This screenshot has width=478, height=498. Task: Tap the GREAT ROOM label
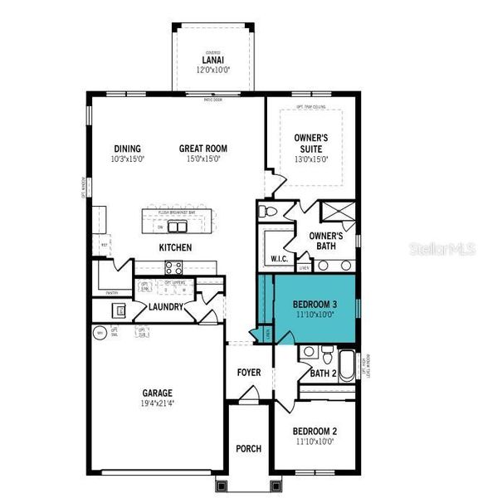tap(202, 149)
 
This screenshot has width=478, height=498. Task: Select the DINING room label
tap(127, 149)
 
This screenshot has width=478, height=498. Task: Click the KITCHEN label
tap(176, 247)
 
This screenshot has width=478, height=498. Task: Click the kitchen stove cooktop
tap(174, 267)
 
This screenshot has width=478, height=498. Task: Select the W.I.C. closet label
tap(279, 258)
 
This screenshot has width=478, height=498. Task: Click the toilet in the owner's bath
tap(265, 212)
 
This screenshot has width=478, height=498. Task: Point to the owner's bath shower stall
tap(339, 212)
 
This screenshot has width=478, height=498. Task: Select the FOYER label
tap(249, 373)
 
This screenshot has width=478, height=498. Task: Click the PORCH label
tap(248, 448)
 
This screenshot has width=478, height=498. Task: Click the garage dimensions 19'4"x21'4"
tap(157, 403)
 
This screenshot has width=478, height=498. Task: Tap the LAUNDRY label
tap(166, 307)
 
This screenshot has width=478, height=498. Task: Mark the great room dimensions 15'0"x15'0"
tap(202, 159)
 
